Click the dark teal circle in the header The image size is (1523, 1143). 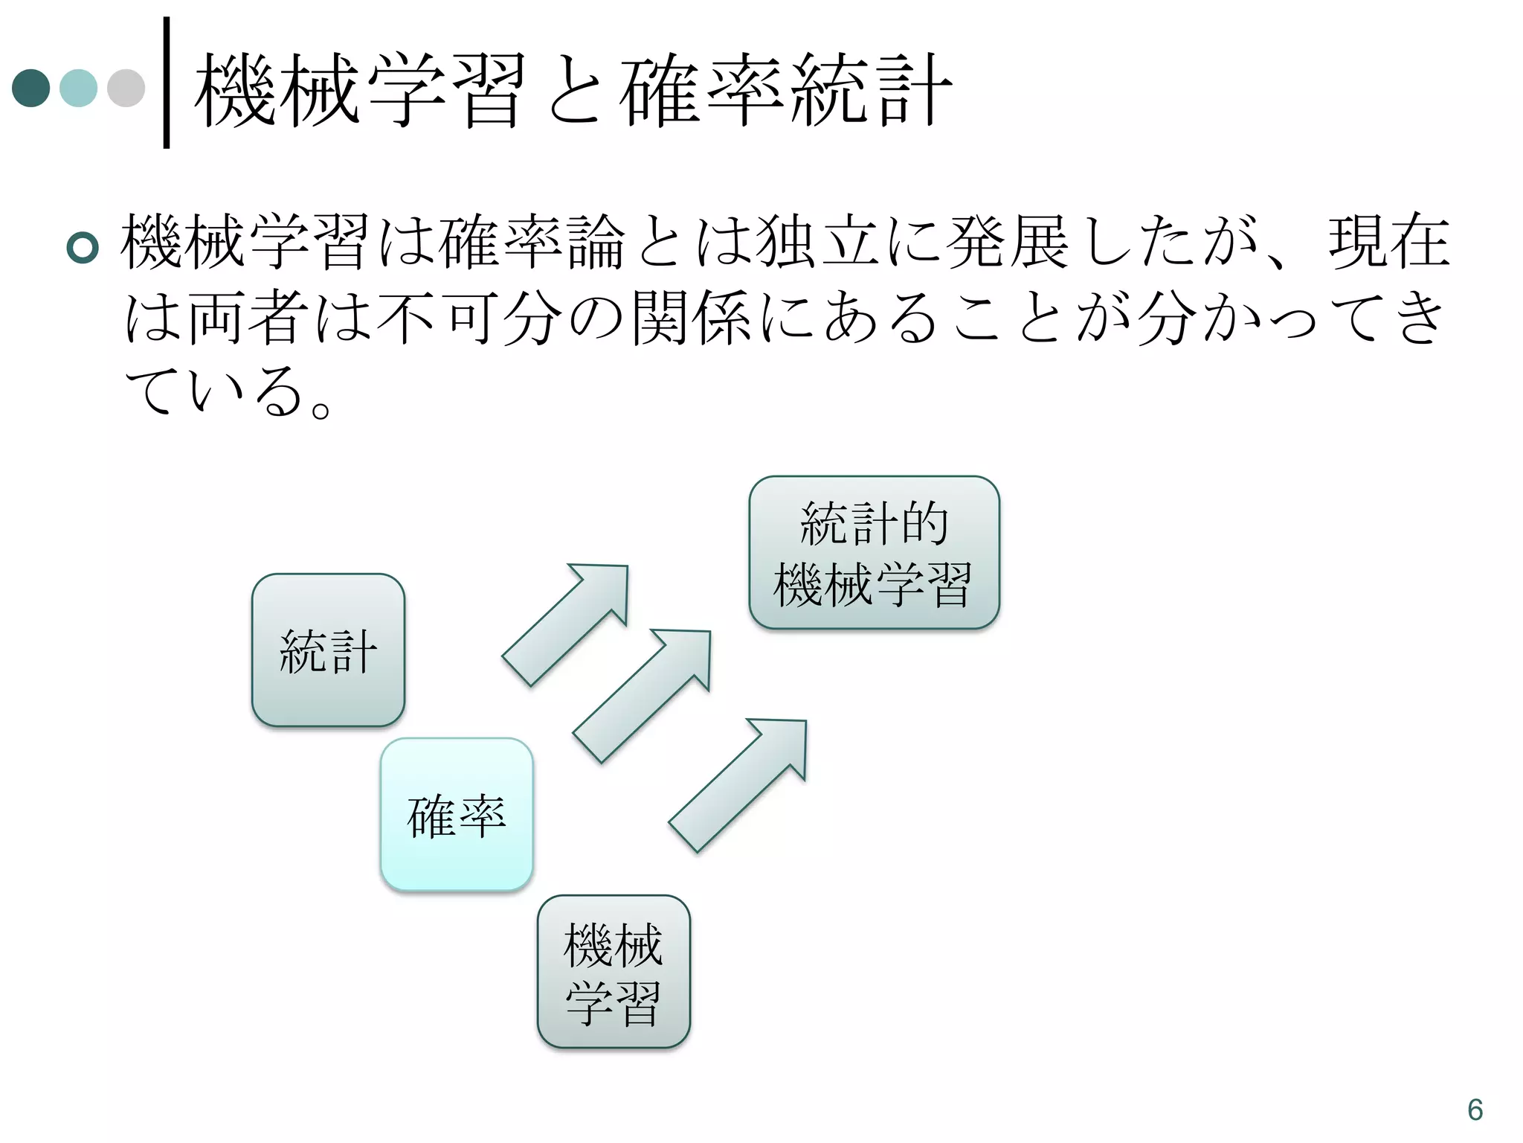coord(31,88)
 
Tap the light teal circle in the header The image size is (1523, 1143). coord(78,88)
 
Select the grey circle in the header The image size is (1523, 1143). coord(126,88)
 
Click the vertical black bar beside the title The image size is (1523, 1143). coord(167,82)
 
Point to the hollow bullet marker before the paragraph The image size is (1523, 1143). coord(83,247)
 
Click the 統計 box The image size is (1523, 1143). coord(328,650)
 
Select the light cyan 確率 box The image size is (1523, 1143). coord(457,814)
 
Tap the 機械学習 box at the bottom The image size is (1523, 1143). coord(614,972)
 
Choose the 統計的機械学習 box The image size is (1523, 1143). coord(874,552)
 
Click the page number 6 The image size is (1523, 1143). coord(1475,1110)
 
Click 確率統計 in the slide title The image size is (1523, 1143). coord(785,91)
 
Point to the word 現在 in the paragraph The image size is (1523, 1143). coord(1389,243)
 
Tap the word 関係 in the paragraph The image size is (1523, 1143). coord(692,318)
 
